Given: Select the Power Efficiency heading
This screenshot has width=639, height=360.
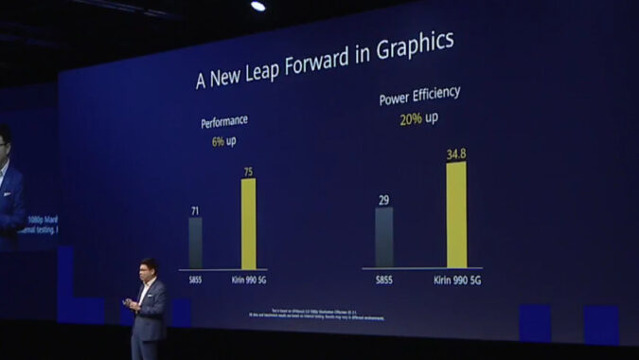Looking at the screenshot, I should click(x=419, y=96).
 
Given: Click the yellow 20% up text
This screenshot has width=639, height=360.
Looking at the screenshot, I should click(x=417, y=119).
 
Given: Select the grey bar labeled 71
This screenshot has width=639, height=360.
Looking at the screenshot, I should click(x=195, y=243).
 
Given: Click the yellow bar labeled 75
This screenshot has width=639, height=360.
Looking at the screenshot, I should click(x=248, y=224).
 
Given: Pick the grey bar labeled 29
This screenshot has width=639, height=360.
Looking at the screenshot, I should click(x=383, y=237).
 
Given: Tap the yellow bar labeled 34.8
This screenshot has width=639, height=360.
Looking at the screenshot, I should click(x=456, y=214).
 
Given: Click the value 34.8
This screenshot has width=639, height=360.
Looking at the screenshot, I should click(x=457, y=153).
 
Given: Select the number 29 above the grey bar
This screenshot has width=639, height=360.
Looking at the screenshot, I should click(x=383, y=199).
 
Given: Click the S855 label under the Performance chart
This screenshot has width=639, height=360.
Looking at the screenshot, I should click(x=195, y=280).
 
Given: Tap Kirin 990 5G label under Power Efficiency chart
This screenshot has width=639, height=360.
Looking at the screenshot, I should click(x=457, y=280).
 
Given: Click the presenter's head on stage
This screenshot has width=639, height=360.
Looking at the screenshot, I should click(x=149, y=268).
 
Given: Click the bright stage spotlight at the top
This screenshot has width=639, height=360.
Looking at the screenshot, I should click(x=257, y=7).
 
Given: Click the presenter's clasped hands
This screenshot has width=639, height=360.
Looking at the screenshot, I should click(x=131, y=304).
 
